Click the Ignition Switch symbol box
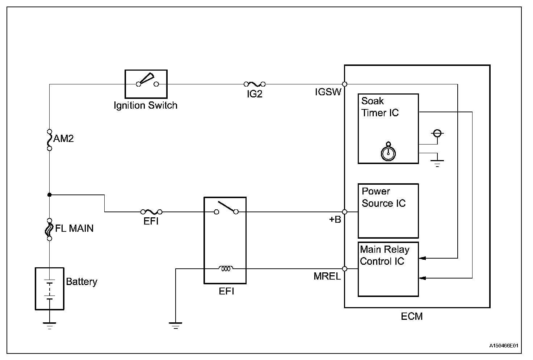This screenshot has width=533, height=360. pos(146,84)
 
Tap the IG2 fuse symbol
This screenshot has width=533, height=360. pos(255,84)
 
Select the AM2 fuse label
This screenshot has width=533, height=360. pos(64,139)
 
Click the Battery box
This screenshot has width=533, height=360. pos(49,289)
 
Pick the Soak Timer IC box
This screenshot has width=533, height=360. pos(388,129)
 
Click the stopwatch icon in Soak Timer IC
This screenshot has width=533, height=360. pos(388,152)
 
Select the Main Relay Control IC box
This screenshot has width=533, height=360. pos(388,269)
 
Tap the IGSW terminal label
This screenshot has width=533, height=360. pos(328,92)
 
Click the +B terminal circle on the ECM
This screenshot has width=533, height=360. pos(345,212)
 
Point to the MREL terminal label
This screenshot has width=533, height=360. pos(327,276)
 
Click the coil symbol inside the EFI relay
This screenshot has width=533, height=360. pos(226,269)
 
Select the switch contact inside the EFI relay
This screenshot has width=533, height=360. pos(226,208)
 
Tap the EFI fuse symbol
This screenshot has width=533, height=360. pos(151,212)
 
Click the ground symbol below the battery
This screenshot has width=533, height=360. pos(50,325)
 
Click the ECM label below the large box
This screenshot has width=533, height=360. pos(412,316)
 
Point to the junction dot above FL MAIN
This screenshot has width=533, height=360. pos(50,195)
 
